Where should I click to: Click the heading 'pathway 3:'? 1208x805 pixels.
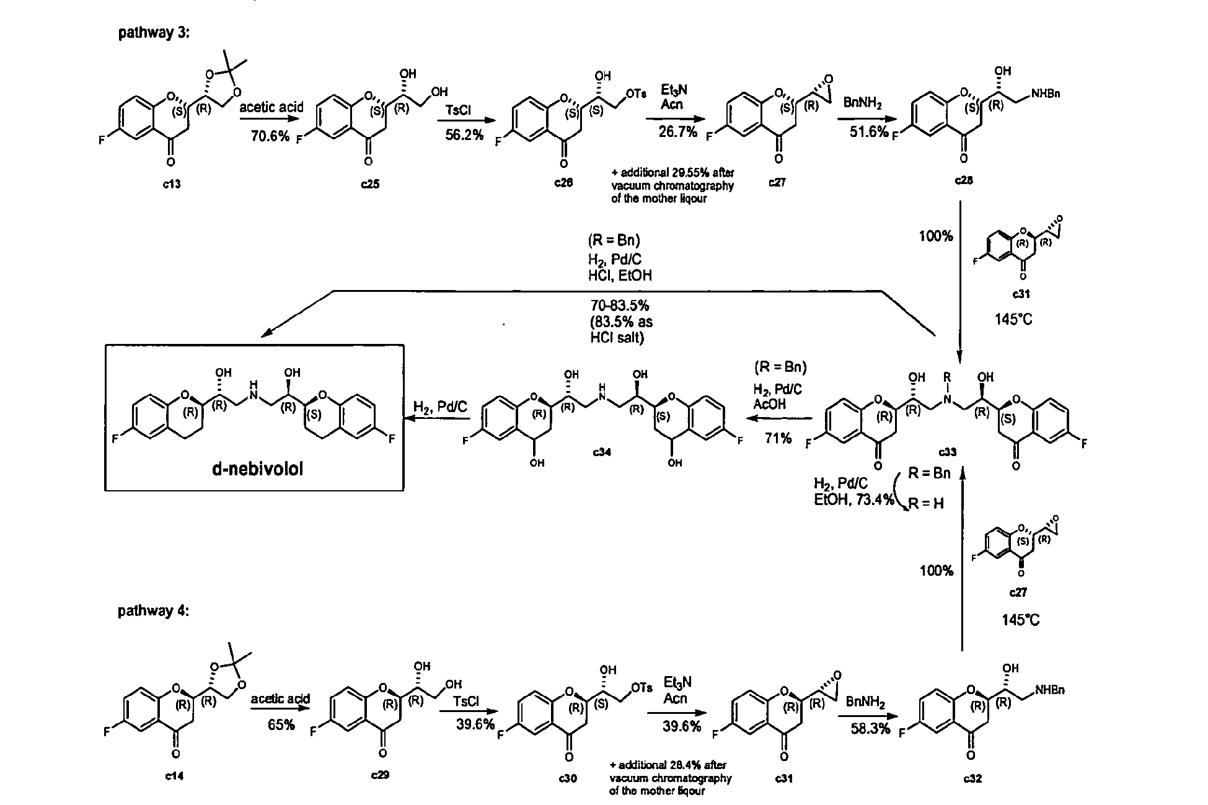tap(154, 33)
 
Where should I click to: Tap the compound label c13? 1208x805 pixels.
tap(172, 184)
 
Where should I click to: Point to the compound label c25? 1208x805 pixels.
tap(369, 184)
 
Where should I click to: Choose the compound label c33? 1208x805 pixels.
tap(947, 452)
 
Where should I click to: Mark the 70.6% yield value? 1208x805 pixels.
tap(270, 136)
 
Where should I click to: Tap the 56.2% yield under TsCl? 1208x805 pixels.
tap(464, 136)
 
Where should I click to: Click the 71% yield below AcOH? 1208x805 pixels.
tap(779, 438)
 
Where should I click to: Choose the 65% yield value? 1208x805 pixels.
tap(281, 724)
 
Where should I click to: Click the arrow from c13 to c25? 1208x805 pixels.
tap(270, 120)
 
